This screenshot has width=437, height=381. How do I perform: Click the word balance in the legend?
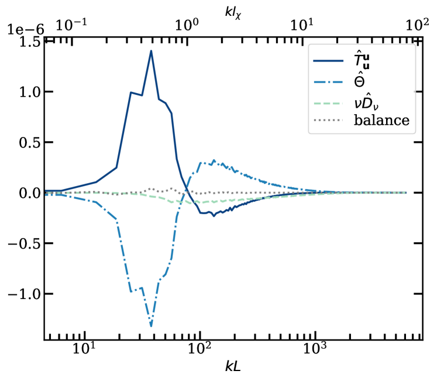pyautogui.click(x=381, y=121)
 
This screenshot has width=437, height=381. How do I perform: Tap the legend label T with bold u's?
pyautogui.click(x=362, y=60)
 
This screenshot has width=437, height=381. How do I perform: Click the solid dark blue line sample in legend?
pyautogui.click(x=328, y=60)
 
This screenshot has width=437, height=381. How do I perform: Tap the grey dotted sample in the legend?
pyautogui.click(x=328, y=121)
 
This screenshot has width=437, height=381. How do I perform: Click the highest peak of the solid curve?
pyautogui.click(x=151, y=51)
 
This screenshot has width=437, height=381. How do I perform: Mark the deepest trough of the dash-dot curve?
pyautogui.click(x=152, y=325)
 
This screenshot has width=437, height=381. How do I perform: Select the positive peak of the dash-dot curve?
pyautogui.click(x=214, y=160)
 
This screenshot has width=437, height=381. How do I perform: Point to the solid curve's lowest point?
pyautogui.click(x=214, y=215)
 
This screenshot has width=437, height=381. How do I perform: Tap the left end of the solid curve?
pyautogui.click(x=46, y=191)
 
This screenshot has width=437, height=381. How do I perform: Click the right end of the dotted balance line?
pyautogui.click(x=405, y=193)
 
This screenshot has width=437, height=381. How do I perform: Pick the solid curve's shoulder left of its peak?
pyautogui.click(x=131, y=92)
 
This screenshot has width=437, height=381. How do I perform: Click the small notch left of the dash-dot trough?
pyautogui.click(x=140, y=288)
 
